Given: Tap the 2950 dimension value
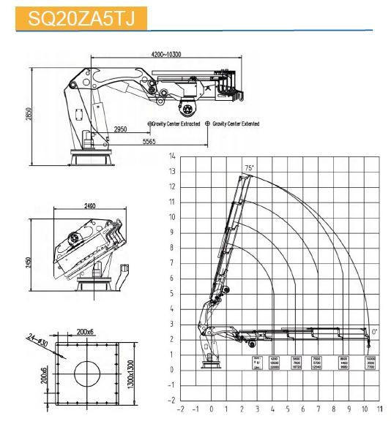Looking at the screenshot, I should pyautogui.click(x=122, y=130).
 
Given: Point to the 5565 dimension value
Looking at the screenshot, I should pyautogui.click(x=149, y=140).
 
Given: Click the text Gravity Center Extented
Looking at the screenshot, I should pyautogui.click(x=236, y=124).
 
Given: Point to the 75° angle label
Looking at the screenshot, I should pyautogui.click(x=249, y=169).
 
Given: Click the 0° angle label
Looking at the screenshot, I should pyautogui.click(x=374, y=331).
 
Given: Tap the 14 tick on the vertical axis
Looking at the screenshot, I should pyautogui.click(x=172, y=156).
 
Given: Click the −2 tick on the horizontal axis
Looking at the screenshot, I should pyautogui.click(x=180, y=410).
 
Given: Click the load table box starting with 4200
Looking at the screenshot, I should pyautogui.click(x=275, y=363).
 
